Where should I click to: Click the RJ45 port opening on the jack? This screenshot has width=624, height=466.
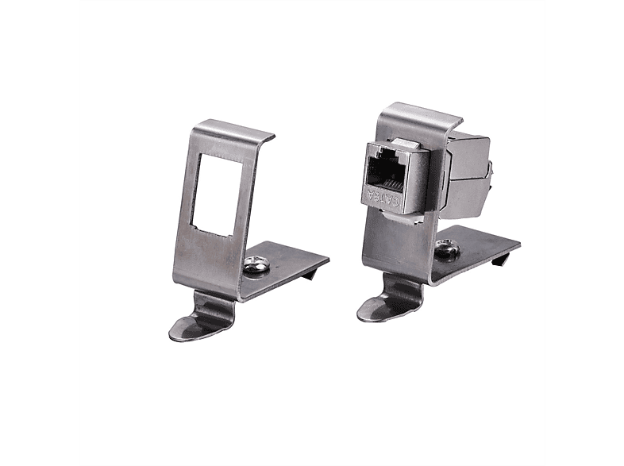coord(387,168)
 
